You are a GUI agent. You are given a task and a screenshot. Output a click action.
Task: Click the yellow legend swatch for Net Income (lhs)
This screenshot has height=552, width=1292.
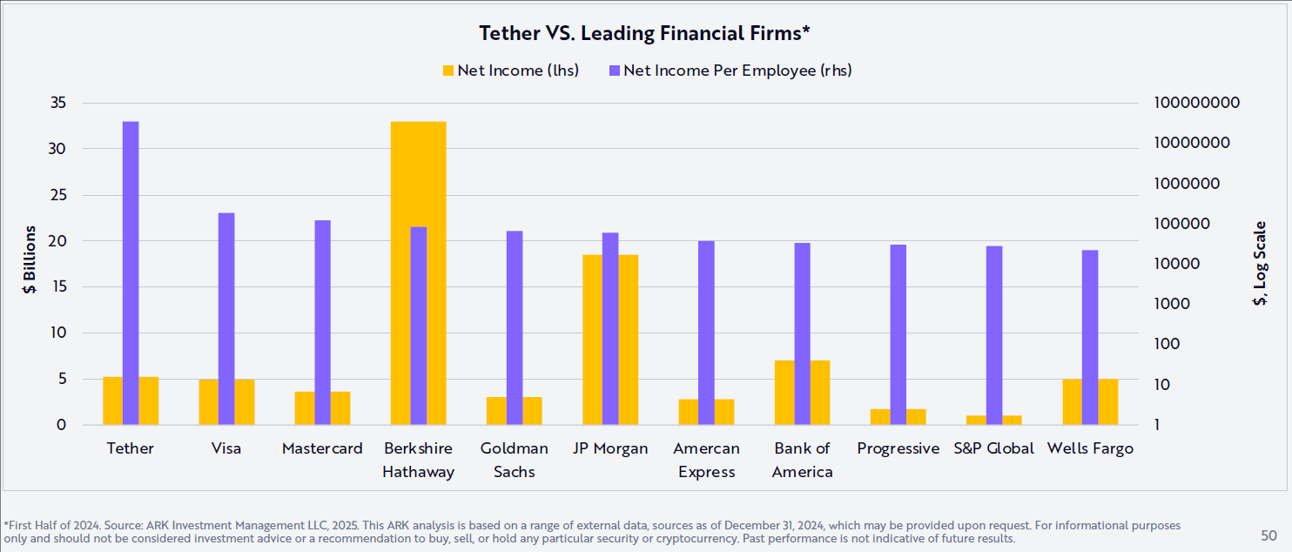pyautogui.click(x=448, y=71)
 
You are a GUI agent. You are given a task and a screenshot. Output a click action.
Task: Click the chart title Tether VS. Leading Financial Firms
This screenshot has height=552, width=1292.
pyautogui.click(x=645, y=34)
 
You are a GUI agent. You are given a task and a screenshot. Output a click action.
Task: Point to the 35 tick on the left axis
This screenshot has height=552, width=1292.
pyautogui.click(x=57, y=103)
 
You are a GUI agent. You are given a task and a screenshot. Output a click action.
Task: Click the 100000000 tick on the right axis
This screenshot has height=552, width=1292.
pyautogui.click(x=1196, y=103)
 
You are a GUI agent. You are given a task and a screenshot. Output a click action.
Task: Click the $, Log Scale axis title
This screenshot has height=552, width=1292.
pyautogui.click(x=1259, y=263)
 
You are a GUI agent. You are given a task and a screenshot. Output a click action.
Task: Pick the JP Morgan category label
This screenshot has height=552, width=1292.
pyautogui.click(x=610, y=448)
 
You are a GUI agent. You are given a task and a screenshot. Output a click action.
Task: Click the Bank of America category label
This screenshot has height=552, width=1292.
pyautogui.click(x=803, y=460)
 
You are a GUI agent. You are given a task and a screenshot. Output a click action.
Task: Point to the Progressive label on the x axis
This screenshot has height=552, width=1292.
pyautogui.click(x=898, y=448)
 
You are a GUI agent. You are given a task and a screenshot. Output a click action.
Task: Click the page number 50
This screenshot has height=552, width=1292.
pyautogui.click(x=1268, y=535)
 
